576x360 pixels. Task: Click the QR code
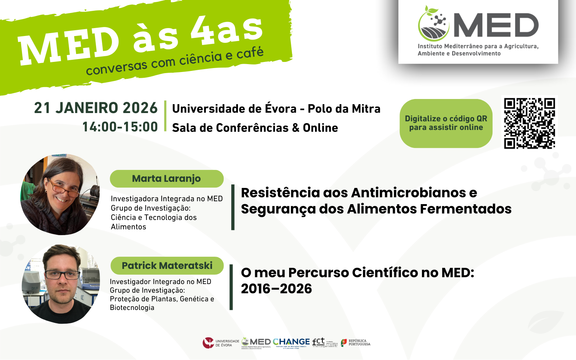(529, 123)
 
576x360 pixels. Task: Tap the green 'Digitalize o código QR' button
(446, 123)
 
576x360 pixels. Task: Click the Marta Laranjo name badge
(166, 179)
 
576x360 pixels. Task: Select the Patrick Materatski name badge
(167, 266)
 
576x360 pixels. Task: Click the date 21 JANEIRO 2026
(96, 108)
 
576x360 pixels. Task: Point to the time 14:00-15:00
(120, 127)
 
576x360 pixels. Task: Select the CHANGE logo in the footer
(291, 342)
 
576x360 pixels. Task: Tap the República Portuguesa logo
(356, 342)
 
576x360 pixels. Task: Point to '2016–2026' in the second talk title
(276, 289)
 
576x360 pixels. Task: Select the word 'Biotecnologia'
(132, 308)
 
